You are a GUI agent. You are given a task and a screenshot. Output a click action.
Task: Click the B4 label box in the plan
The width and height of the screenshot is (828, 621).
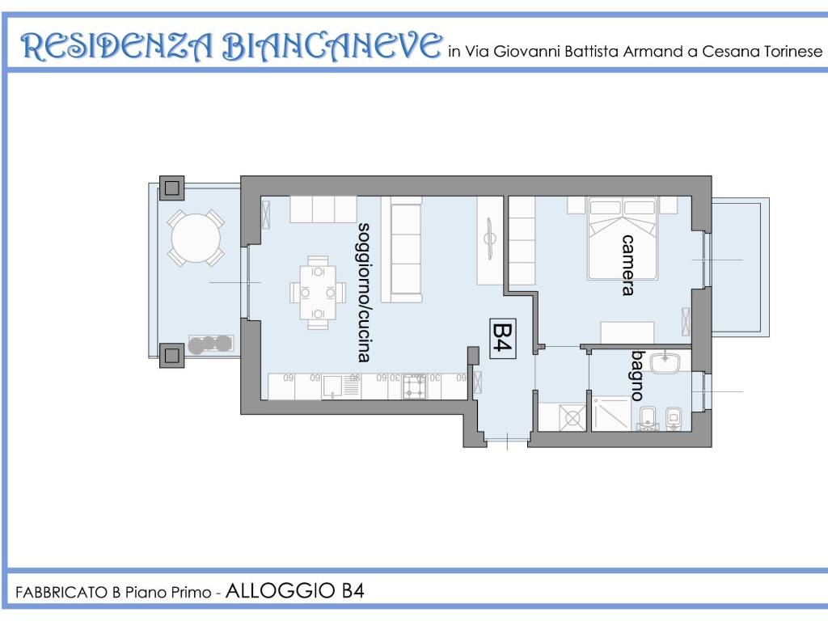pos(503,339)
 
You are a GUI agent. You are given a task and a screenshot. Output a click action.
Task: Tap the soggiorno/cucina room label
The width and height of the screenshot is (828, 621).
pos(363,292)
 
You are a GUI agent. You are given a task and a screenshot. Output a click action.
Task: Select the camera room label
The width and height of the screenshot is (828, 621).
pos(627,265)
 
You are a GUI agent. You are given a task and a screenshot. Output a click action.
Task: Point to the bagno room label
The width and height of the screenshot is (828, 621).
pos(638,375)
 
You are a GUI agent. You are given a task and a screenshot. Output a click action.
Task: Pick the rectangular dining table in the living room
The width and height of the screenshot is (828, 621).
pos(317,293)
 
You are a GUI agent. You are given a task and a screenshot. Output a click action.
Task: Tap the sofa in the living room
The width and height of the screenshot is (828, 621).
pos(401,249)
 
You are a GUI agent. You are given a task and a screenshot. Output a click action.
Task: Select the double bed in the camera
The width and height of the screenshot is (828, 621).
pos(623,239)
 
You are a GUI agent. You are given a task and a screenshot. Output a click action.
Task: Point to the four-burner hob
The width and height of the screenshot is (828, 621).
pos(415,387)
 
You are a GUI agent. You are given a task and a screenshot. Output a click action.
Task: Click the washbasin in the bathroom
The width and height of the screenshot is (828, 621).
pos(665,363)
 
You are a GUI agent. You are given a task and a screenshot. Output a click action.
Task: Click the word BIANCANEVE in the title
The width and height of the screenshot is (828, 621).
pos(331,46)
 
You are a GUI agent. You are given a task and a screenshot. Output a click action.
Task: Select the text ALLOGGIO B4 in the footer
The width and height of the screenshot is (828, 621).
pos(294,590)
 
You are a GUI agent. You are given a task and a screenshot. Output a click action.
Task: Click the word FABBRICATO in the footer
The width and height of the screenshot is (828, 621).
pos(61,593)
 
